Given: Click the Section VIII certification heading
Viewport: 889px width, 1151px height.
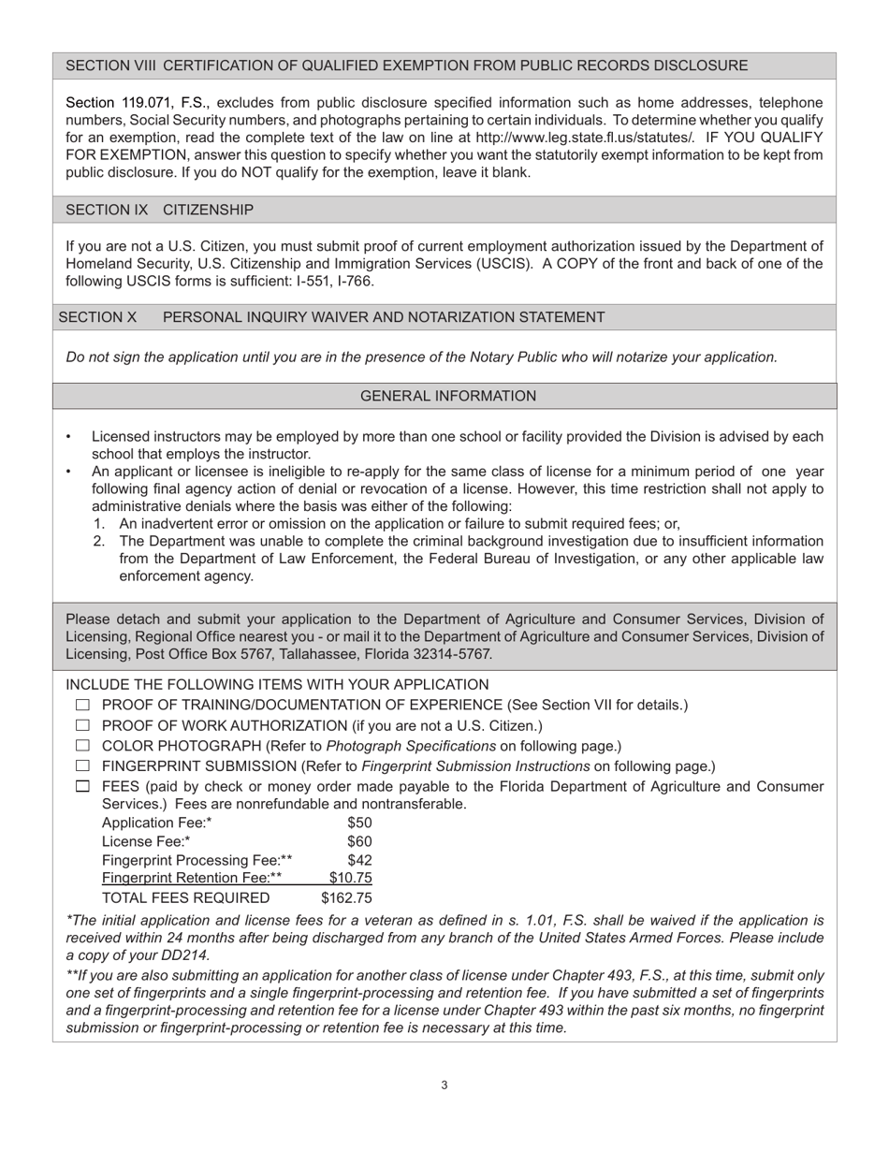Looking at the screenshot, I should pos(406,66).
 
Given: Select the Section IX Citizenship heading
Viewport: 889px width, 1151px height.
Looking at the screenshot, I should pos(159,210).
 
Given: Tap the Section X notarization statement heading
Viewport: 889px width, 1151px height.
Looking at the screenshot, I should pos(331,317).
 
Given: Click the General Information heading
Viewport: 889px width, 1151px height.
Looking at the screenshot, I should pos(448,396).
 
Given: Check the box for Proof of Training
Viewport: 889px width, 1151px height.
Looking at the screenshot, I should pos(82,705).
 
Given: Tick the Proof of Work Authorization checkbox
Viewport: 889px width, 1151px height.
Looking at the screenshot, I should pos(82,725).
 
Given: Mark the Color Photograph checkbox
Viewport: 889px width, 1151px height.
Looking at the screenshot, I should pos(82,746).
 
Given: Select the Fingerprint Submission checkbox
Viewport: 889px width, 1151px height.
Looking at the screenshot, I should pos(82,766).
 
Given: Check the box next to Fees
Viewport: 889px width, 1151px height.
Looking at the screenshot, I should pos(82,787).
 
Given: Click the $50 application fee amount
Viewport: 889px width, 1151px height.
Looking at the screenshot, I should pos(359,823).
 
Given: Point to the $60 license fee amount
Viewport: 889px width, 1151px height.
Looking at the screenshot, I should pos(359,841).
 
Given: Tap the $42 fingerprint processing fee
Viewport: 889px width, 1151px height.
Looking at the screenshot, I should pos(359,859).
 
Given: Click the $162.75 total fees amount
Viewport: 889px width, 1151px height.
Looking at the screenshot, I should pos(346,898).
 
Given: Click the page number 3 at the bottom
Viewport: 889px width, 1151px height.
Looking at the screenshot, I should pos(444,1085).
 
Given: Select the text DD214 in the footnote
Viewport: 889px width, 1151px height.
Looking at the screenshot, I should pos(184,955).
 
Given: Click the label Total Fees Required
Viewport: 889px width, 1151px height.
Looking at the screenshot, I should pos(185,898).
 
